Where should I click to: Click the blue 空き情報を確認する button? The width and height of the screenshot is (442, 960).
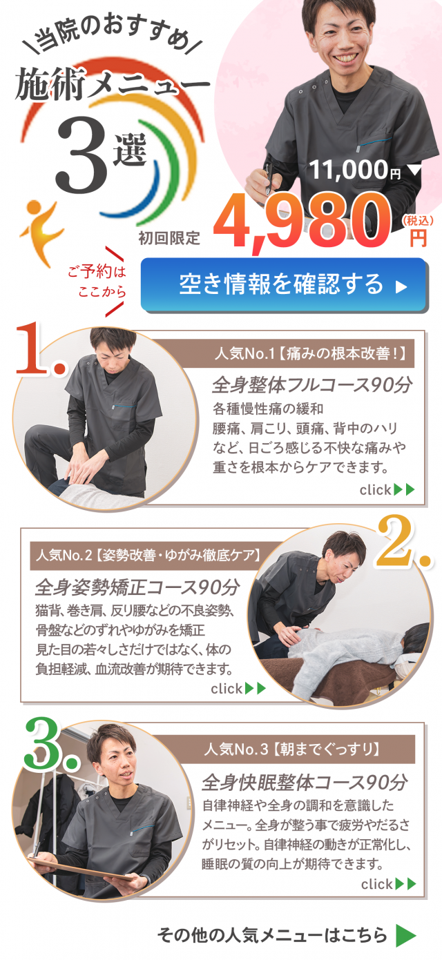tap(284, 284)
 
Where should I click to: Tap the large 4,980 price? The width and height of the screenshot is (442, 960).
tap(302, 221)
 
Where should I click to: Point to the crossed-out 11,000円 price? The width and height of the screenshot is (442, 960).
tap(354, 170)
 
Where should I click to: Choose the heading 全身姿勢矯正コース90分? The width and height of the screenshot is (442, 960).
tap(137, 587)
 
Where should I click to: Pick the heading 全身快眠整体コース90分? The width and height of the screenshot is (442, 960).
tap(305, 782)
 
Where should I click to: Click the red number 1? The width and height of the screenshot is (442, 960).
tap(41, 349)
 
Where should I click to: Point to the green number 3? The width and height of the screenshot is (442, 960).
tap(50, 743)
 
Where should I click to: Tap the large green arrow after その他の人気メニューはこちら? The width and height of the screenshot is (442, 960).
tap(405, 935)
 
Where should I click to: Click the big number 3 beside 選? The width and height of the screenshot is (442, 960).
tap(81, 155)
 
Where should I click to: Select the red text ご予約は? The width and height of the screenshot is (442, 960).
tap(97, 271)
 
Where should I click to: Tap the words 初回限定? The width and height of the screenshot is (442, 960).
tap(169, 238)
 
